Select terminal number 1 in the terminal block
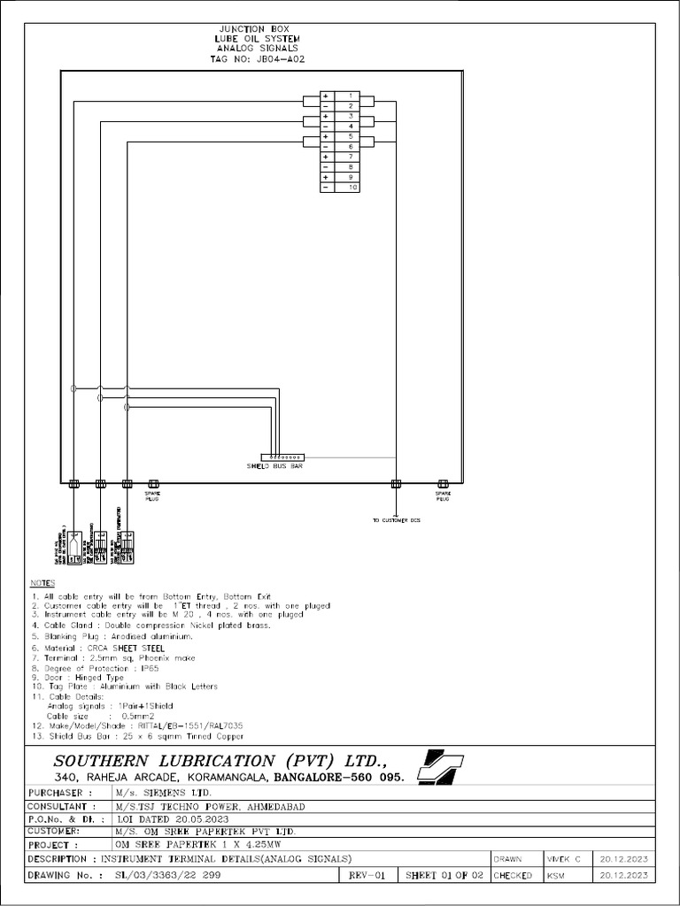[x=351, y=96]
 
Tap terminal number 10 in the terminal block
[x=351, y=188]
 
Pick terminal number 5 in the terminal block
[x=351, y=137]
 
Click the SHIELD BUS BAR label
[x=275, y=465]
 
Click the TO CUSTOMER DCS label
[x=396, y=520]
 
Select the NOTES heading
[x=42, y=584]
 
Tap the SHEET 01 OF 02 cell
[x=444, y=875]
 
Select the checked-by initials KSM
[x=557, y=875]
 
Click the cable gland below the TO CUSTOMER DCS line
[x=396, y=483]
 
